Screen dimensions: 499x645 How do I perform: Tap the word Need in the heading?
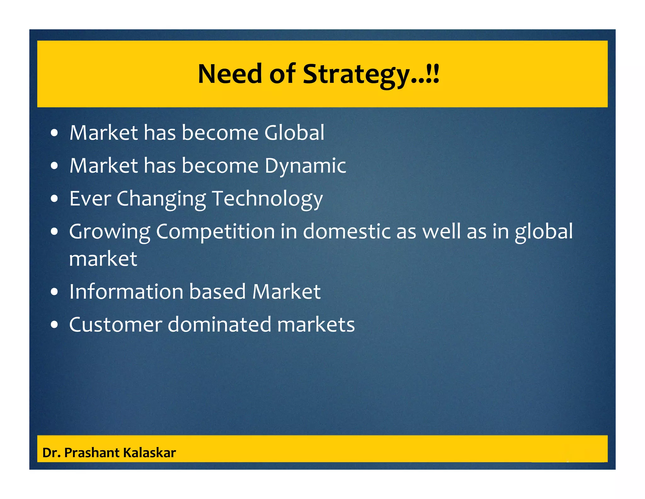pyautogui.click(x=230, y=74)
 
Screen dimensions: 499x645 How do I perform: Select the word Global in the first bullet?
pyautogui.click(x=294, y=132)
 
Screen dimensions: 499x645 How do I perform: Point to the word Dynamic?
pyautogui.click(x=305, y=166)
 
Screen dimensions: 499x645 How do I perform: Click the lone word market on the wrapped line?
pyautogui.click(x=103, y=259)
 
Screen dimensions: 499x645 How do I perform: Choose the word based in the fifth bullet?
pyautogui.click(x=217, y=292)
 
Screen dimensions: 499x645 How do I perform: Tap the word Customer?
pyautogui.click(x=115, y=325)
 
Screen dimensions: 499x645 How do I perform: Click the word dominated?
pyautogui.click(x=219, y=325)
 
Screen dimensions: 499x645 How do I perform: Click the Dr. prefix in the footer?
pyautogui.click(x=51, y=453)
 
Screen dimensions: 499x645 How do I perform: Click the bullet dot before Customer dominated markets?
pyautogui.click(x=54, y=325)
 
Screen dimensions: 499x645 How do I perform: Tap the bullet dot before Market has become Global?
pyautogui.click(x=54, y=133)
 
